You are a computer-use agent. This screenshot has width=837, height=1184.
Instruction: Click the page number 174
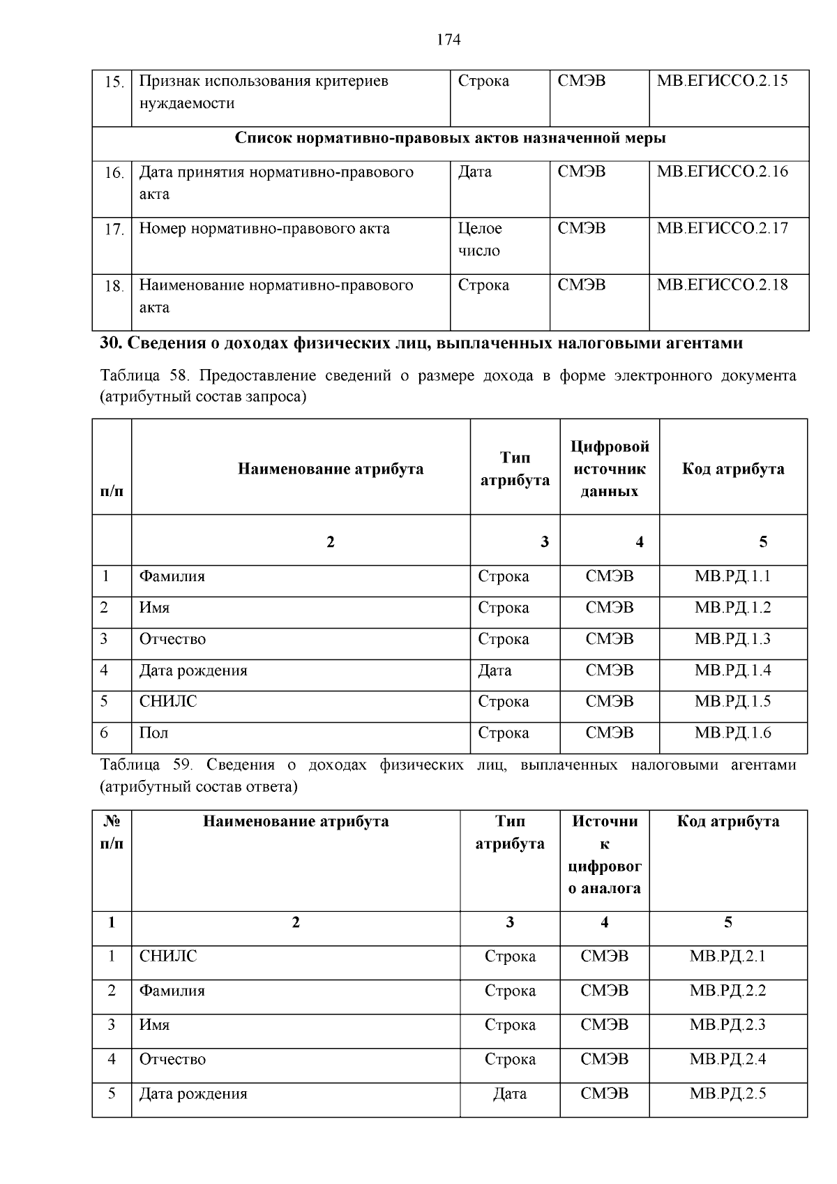[448, 40]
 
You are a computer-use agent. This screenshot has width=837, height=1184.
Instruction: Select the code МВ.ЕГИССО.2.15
[722, 81]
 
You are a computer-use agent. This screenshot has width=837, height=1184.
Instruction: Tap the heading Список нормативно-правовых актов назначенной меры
[450, 138]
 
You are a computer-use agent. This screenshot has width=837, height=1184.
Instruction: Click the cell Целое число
[480, 239]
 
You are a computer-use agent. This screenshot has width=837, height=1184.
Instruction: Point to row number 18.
[114, 286]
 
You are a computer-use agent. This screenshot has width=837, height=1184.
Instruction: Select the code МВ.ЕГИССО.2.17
[722, 229]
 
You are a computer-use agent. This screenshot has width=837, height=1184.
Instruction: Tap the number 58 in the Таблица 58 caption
[179, 376]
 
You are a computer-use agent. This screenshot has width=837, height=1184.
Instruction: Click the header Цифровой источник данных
[609, 469]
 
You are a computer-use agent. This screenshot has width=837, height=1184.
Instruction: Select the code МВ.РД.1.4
[732, 671]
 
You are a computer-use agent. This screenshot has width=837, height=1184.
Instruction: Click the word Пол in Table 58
[153, 733]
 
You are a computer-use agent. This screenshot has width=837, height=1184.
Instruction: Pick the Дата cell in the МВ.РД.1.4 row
[495, 671]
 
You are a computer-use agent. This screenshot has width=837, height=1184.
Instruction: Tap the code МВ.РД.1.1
[732, 577]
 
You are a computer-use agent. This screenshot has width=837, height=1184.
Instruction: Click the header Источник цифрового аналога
[604, 855]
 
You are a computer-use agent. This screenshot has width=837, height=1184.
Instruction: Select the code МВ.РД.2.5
[727, 1094]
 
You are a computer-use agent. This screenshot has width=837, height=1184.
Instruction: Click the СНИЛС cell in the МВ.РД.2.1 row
[168, 957]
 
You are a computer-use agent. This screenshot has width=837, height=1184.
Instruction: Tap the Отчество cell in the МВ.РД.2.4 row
[172, 1060]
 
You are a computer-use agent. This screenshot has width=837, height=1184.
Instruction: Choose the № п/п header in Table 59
[112, 832]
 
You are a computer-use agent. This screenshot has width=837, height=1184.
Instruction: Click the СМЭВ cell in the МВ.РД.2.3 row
[604, 1025]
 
